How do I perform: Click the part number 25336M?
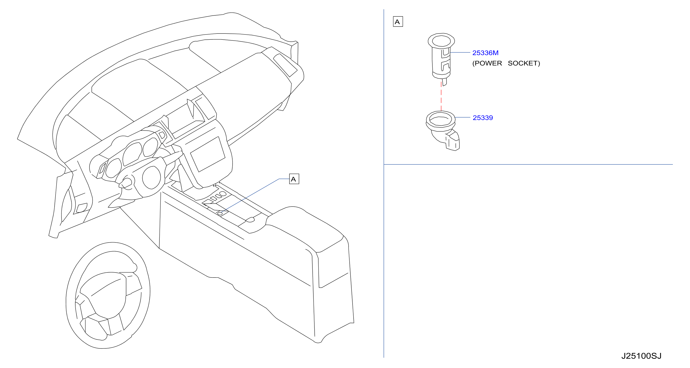pos(485,53)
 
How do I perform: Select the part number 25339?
pos(483,118)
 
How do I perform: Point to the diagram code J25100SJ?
pos(641,356)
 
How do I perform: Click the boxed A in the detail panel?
pos(398,22)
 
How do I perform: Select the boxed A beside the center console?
pos(294,179)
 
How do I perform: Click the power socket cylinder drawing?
pos(441,59)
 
